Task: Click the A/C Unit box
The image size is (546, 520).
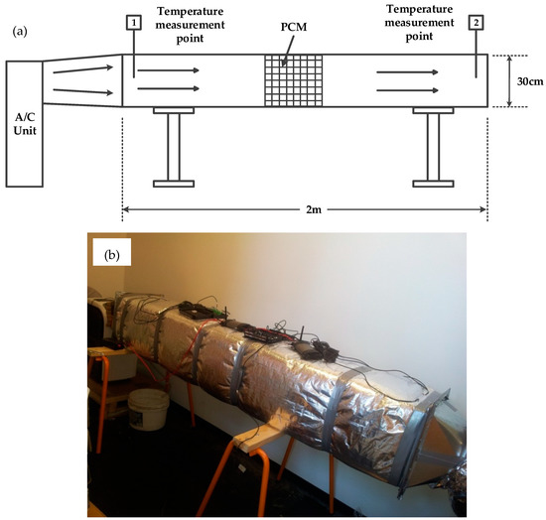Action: tap(24, 123)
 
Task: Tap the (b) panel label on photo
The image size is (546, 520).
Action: tap(114, 253)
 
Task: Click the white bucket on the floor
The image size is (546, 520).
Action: tap(146, 407)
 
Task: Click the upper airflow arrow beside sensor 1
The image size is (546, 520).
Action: tap(171, 70)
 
